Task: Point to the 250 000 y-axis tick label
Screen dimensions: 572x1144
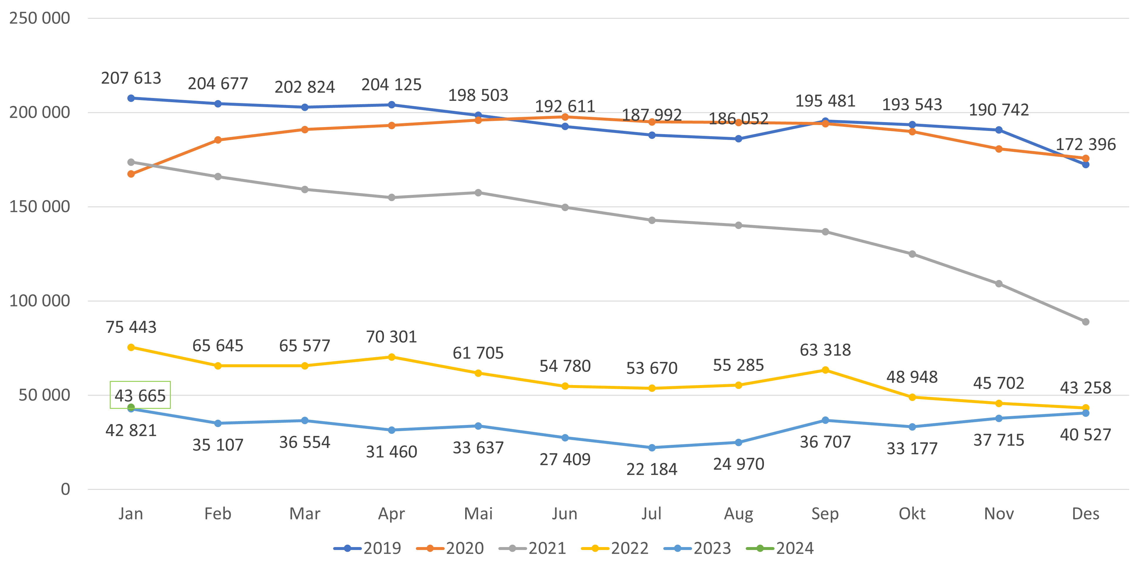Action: pos(40,18)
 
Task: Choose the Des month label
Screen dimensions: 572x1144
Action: pos(1085,514)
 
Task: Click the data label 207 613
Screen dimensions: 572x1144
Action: pos(131,78)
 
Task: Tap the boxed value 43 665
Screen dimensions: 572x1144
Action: pos(140,395)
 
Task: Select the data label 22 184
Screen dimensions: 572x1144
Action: pos(652,469)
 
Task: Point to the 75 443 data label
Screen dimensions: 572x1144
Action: pos(131,327)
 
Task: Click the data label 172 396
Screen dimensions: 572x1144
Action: pos(1085,144)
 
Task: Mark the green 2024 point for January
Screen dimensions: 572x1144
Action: pos(131,407)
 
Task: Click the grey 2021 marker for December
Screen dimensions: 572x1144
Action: pos(1085,322)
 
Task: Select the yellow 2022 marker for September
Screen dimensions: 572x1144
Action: pos(825,370)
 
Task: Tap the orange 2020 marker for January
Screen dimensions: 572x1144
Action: pos(131,174)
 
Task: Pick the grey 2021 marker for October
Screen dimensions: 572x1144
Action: pos(912,254)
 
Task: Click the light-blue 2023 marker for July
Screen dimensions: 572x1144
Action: pos(652,448)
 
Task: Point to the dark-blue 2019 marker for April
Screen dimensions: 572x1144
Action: pos(391,105)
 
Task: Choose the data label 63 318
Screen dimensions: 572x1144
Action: pos(825,350)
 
